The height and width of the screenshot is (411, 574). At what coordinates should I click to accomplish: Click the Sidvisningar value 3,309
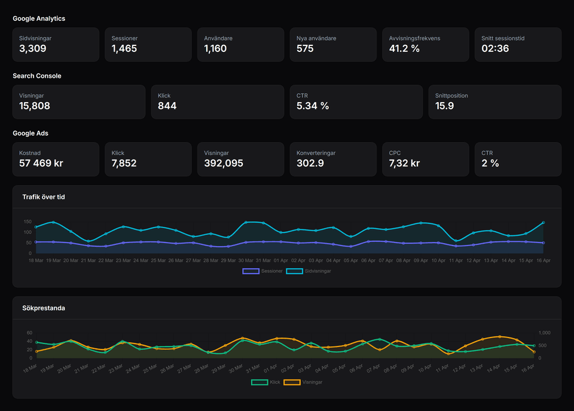tap(32, 48)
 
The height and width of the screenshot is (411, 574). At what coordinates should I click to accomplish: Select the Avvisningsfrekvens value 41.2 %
tap(404, 48)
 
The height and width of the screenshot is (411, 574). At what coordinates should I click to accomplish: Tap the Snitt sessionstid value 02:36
tap(495, 48)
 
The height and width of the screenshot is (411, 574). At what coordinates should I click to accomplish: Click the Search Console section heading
tap(37, 76)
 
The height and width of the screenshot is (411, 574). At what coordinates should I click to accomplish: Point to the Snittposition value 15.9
tap(444, 106)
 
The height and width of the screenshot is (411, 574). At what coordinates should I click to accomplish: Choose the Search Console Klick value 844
tap(167, 106)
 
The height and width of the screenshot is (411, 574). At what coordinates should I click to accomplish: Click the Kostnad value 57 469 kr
tap(41, 163)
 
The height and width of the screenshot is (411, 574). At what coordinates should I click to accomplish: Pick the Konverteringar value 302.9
tap(310, 163)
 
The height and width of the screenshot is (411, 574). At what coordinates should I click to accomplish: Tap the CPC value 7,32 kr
tap(404, 163)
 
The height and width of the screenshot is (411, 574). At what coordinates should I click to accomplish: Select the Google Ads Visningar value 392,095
tap(224, 163)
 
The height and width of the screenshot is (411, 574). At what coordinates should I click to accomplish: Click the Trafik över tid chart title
tap(44, 197)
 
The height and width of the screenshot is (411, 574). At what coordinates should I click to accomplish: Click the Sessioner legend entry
tap(262, 271)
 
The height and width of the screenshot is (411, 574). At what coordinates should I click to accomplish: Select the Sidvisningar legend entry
tap(309, 271)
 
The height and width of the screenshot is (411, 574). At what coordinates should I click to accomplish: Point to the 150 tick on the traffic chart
tap(27, 222)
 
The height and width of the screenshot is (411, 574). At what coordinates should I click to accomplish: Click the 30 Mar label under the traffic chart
tap(246, 260)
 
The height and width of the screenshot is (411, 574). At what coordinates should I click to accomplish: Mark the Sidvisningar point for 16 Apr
tap(543, 222)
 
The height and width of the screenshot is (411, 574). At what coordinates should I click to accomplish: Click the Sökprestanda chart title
tap(44, 308)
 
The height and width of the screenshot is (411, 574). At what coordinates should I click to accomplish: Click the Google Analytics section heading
tap(39, 19)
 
